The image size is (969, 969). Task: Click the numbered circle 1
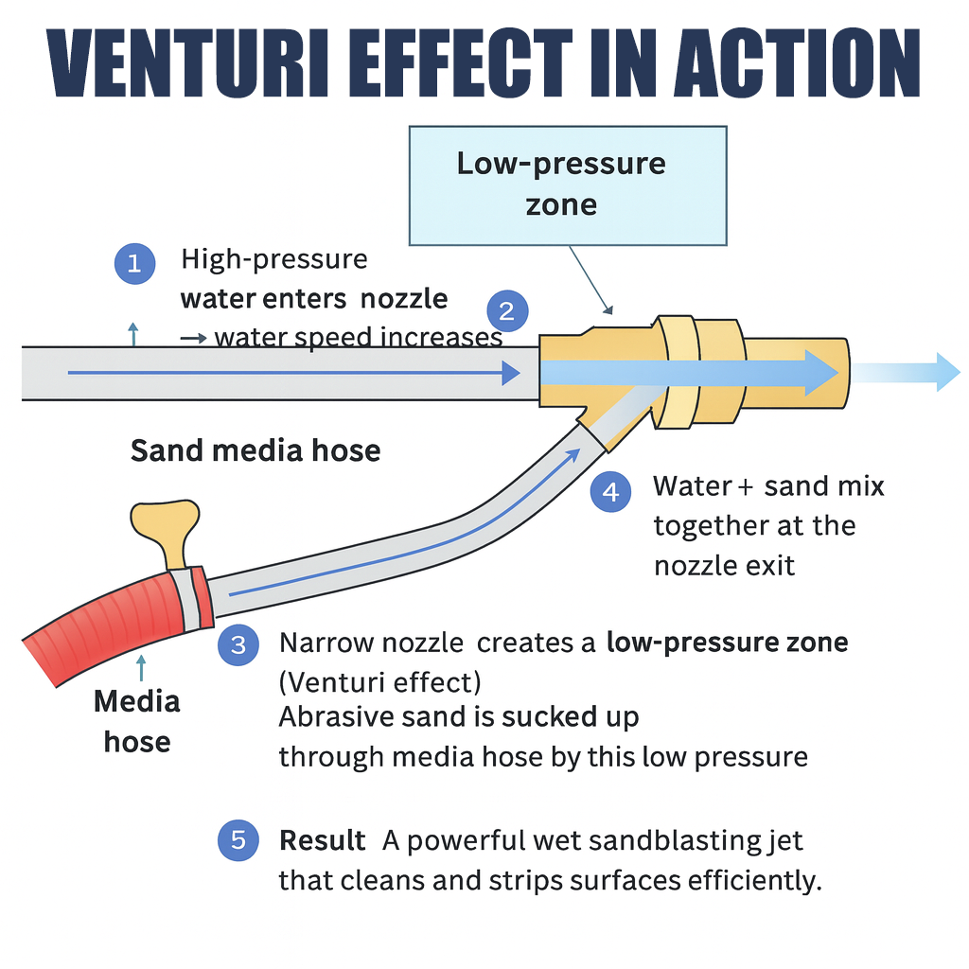(134, 263)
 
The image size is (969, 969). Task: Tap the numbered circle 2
(507, 311)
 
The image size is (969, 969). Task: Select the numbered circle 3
(238, 645)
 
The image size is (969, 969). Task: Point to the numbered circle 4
(610, 492)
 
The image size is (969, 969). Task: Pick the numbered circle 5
(238, 840)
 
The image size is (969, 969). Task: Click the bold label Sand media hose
(255, 450)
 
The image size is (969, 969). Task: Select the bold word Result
(323, 840)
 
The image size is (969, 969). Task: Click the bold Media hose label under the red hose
(137, 721)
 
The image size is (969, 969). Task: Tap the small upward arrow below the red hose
(141, 667)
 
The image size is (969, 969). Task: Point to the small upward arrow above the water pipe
(132, 332)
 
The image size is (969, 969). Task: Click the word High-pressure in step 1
(274, 258)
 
